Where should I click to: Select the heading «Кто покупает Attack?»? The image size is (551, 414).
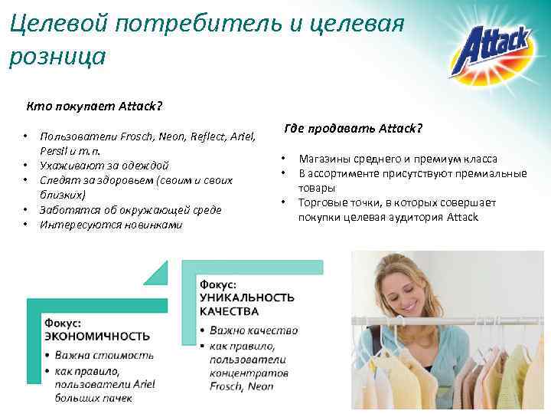(95, 106)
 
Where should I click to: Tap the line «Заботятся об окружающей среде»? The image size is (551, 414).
(130, 209)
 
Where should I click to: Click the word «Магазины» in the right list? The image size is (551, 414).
(324, 159)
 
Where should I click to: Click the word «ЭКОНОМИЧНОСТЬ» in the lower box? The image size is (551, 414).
(96, 336)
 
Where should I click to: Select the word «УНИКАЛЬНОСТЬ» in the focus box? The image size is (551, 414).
(247, 297)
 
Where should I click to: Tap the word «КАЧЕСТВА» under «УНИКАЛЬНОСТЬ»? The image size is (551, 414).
(229, 311)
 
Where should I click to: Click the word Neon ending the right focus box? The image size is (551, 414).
(260, 386)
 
